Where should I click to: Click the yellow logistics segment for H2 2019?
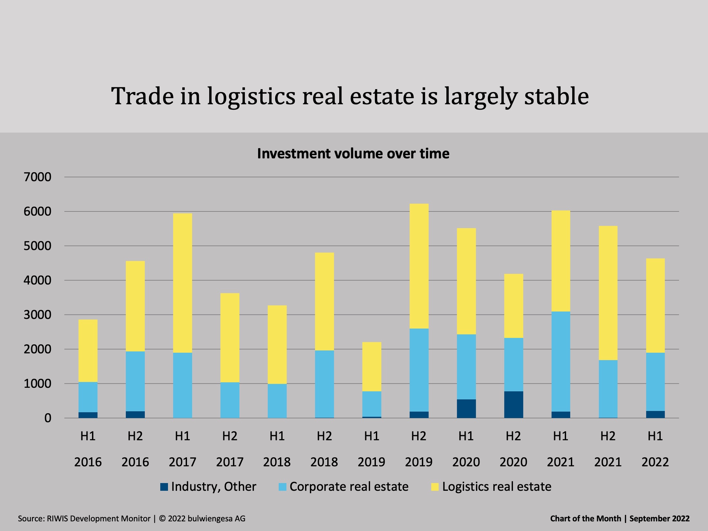tap(419, 266)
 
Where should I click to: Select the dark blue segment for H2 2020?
tap(513, 405)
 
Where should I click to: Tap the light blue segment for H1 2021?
tap(561, 361)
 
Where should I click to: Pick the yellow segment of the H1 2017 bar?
tap(182, 283)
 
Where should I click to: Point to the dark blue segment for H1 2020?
tap(466, 408)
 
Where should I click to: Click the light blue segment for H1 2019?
tap(372, 404)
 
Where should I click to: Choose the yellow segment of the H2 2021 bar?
tap(608, 293)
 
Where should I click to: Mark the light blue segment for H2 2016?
tap(135, 381)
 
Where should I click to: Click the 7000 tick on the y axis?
tap(37, 177)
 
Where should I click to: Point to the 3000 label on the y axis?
tap(37, 315)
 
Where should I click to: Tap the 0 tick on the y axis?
tap(48, 418)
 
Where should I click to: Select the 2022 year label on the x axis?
tap(655, 462)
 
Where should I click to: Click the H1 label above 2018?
tap(277, 436)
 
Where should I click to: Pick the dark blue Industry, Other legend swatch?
tap(164, 487)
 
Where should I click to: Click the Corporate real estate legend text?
tap(349, 487)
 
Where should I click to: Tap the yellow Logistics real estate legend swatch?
tap(435, 487)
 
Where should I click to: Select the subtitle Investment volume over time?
tap(353, 154)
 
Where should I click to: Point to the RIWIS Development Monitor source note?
tap(98, 518)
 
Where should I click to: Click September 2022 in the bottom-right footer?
tap(659, 518)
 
